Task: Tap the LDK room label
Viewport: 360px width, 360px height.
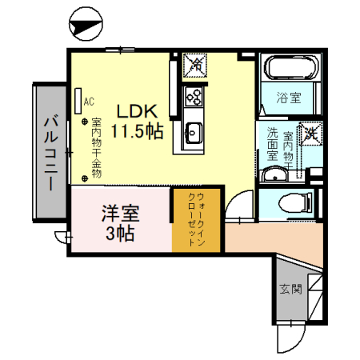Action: pos(137,111)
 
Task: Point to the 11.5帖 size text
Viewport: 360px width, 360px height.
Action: pos(138,131)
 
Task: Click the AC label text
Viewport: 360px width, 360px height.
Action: pos(89,102)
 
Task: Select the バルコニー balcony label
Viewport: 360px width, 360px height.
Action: pos(49,152)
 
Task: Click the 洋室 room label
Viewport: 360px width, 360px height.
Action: pos(120,214)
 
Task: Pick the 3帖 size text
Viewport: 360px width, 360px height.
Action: pos(120,234)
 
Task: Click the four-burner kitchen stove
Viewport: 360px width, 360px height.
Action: pos(194,96)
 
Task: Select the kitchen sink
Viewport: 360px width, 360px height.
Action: pos(194,133)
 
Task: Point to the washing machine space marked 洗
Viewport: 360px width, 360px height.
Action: pos(309,133)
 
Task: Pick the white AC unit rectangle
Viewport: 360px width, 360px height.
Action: pos(78,100)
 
